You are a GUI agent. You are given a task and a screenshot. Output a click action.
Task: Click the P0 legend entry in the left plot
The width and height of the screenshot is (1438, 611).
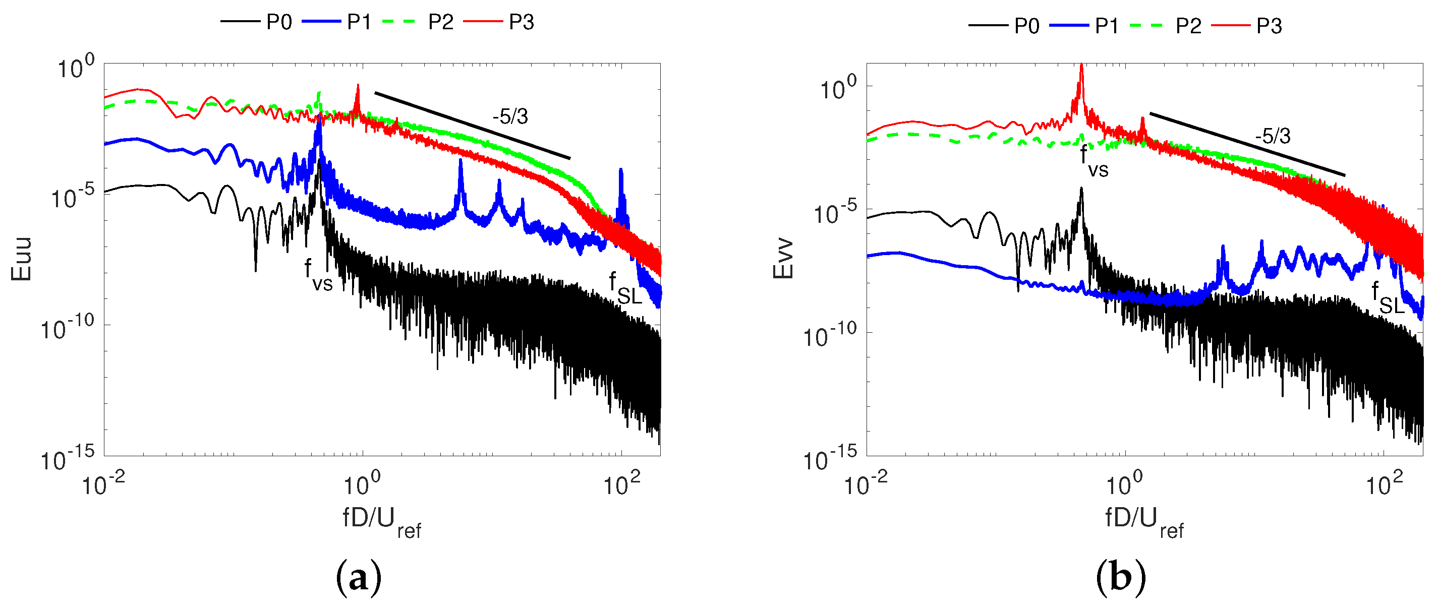[278, 22]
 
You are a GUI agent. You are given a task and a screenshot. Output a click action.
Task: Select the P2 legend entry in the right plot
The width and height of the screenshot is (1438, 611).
[1188, 26]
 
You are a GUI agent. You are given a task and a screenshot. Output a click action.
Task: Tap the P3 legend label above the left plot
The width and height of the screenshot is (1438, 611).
[522, 22]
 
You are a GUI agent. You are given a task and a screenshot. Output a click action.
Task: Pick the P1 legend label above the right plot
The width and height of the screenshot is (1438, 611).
[1107, 26]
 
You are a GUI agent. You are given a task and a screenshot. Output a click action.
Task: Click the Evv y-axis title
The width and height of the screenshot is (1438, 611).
[783, 258]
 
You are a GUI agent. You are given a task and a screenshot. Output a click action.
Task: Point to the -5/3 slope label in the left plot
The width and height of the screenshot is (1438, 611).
[509, 116]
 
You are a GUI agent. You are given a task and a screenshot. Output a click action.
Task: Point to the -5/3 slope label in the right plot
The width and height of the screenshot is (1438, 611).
[1273, 136]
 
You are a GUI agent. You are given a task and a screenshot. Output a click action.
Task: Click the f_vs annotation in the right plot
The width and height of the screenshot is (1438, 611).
[1094, 161]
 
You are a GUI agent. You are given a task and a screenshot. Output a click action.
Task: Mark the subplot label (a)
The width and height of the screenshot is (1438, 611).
[359, 578]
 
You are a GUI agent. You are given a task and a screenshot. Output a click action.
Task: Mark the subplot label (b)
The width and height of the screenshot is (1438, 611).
[1120, 578]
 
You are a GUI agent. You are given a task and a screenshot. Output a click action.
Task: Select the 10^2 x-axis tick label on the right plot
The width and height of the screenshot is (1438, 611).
[1384, 484]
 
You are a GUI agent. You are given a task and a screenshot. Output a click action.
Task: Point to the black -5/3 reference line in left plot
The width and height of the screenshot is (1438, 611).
[472, 126]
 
